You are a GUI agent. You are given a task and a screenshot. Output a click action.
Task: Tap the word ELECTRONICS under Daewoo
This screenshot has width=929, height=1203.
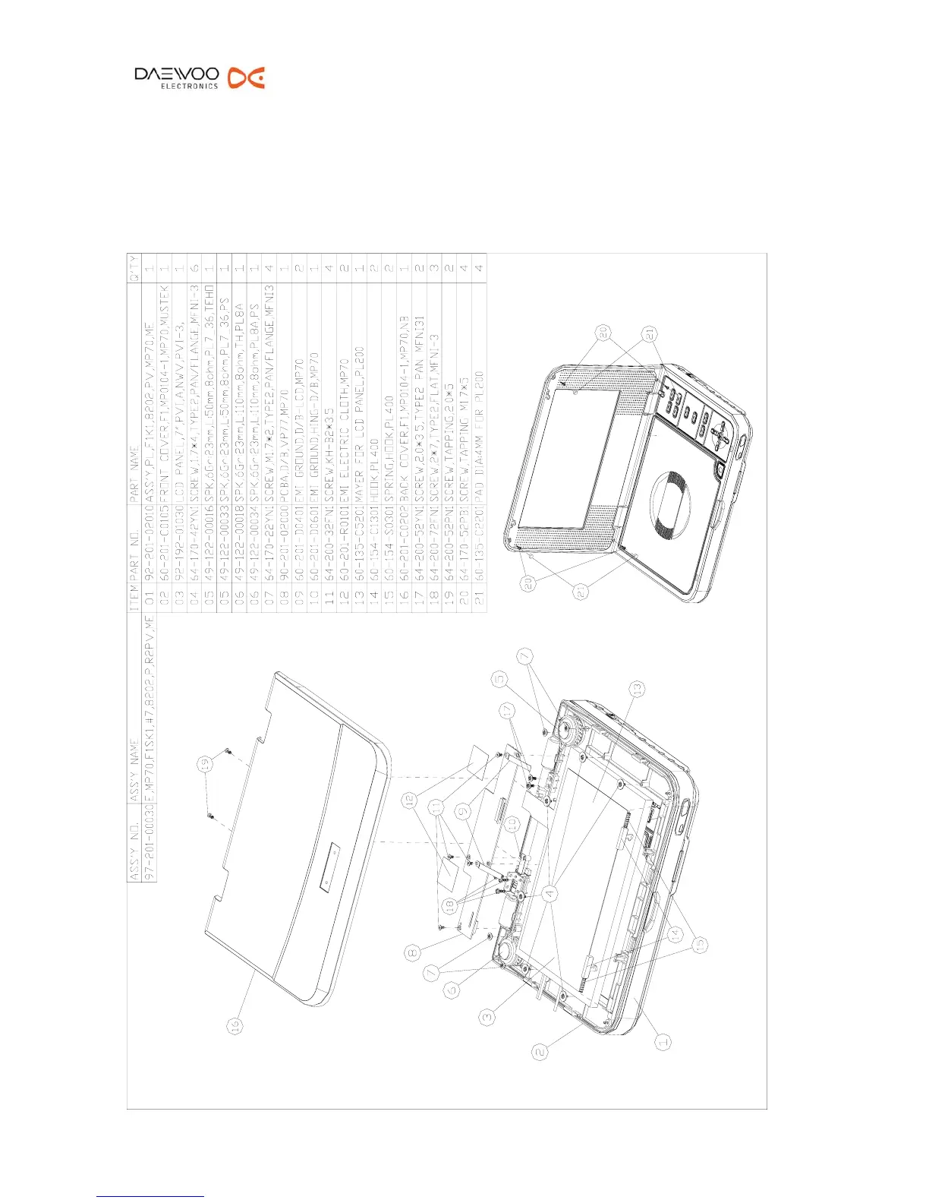point(189,87)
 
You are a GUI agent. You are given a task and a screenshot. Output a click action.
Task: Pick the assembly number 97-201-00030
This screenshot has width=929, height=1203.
point(150,848)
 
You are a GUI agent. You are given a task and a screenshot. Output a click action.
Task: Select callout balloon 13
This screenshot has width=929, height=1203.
point(638,689)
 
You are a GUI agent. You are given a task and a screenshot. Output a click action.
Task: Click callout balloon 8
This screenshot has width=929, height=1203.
point(412,952)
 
